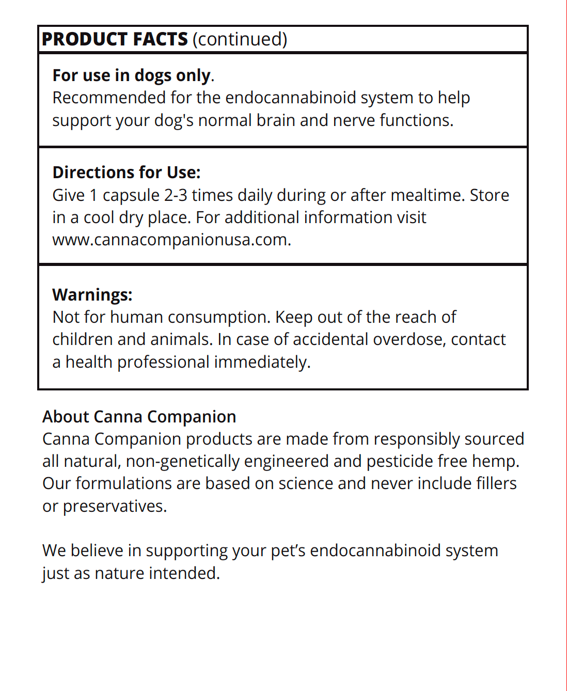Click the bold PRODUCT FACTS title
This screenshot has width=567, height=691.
click(x=115, y=39)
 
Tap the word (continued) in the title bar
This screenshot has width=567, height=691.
click(x=240, y=39)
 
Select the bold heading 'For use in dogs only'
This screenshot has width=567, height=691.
click(x=132, y=75)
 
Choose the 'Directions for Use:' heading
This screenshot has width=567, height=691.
click(x=127, y=172)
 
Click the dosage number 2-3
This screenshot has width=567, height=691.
click(x=176, y=195)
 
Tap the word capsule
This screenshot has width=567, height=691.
click(x=131, y=195)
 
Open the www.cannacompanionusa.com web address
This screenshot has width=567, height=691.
click(x=171, y=240)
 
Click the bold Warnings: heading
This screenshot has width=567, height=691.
click(x=92, y=294)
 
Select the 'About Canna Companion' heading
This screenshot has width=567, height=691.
click(x=139, y=417)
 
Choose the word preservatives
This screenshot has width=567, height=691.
click(x=115, y=506)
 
